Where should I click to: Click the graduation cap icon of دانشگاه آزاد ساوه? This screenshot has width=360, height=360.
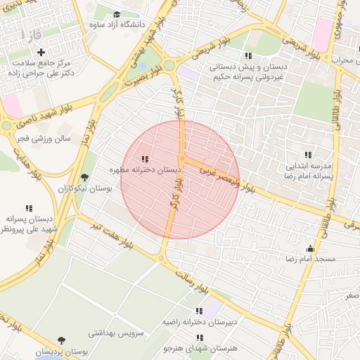click(117, 14)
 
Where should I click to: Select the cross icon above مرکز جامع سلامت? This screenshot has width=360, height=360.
click(41, 52)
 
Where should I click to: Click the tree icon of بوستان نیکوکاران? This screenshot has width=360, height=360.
click(84, 177)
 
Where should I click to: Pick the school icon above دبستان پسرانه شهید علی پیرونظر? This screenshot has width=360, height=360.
click(29, 208)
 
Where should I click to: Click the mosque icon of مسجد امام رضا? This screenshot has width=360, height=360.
click(310, 248)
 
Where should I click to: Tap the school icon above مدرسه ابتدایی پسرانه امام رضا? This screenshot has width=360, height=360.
click(307, 155)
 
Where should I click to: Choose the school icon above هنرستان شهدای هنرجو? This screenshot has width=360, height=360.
click(200, 337)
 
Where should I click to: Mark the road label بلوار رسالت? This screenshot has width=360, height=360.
click(194, 280)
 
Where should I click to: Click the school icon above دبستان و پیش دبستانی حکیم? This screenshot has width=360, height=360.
click(247, 56)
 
